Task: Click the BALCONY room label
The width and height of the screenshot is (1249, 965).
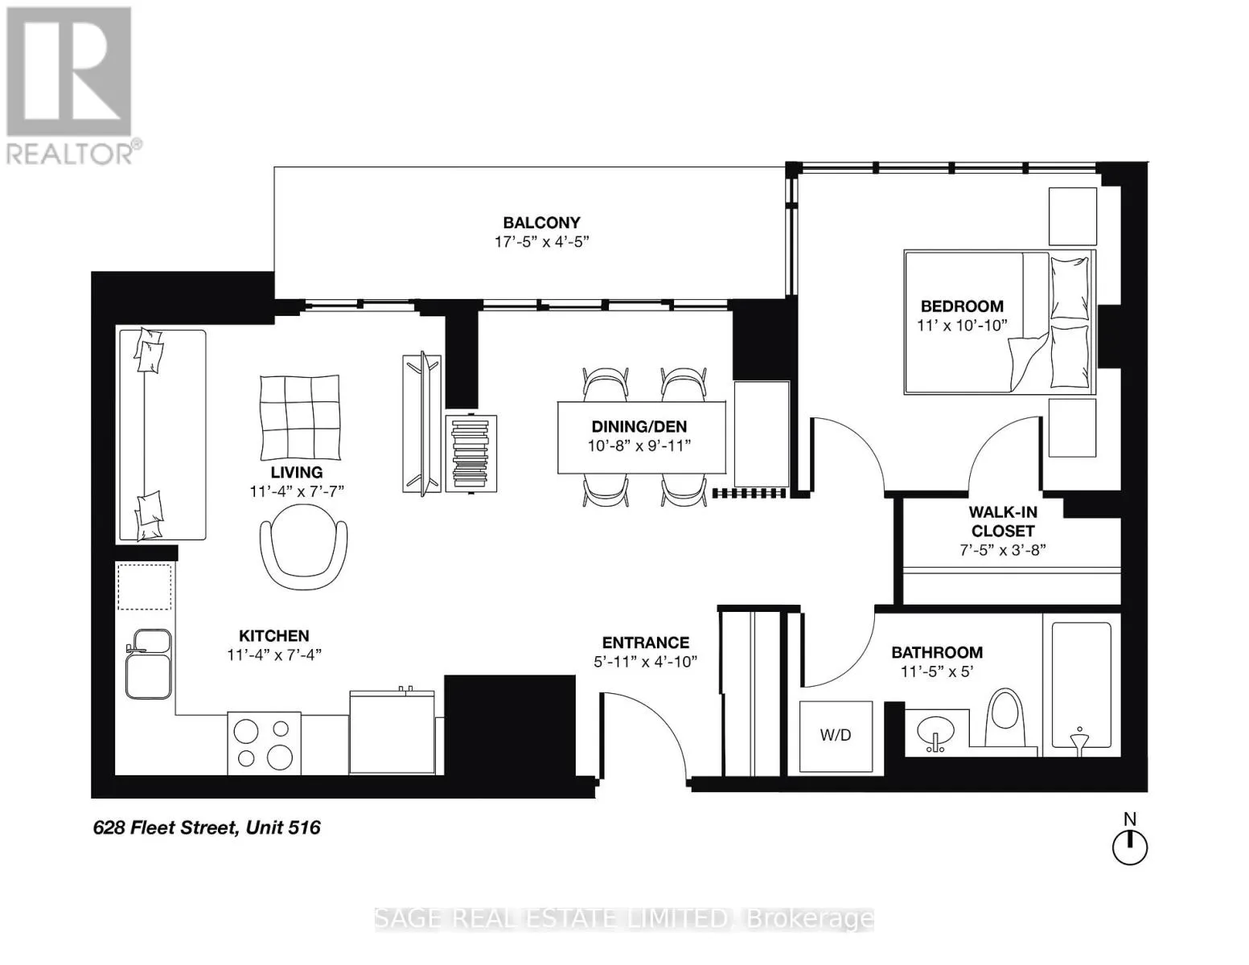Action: [541, 223]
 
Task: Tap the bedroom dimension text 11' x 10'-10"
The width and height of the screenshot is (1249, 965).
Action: [962, 326]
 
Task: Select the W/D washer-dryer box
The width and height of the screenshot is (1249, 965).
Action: [836, 737]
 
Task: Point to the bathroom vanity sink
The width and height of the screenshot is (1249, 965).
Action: [935, 733]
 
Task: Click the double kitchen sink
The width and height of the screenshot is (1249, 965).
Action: [149, 663]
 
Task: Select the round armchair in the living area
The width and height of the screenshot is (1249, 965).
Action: [303, 547]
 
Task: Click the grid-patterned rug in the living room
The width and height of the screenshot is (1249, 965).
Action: [299, 418]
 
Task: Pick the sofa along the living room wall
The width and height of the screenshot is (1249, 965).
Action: [162, 434]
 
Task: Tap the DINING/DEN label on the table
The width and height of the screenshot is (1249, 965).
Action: [639, 426]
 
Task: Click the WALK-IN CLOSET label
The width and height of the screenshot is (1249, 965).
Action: [1002, 521]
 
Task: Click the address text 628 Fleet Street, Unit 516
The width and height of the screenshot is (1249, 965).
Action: [207, 827]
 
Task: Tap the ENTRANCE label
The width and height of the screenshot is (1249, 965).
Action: [646, 643]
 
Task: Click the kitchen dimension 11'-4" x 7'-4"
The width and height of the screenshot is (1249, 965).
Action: [274, 655]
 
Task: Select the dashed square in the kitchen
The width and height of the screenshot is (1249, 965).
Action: [144, 586]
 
